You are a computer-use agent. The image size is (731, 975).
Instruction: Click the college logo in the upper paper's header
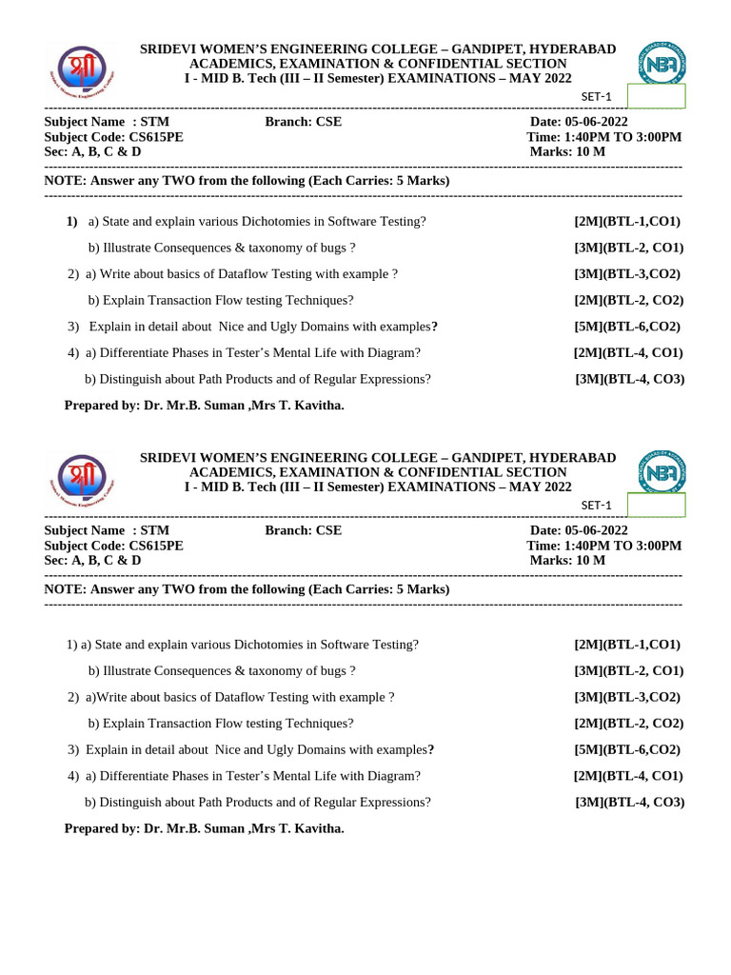coord(81,74)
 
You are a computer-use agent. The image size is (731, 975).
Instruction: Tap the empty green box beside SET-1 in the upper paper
coord(656,96)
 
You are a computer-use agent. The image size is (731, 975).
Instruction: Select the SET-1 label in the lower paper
coord(597,506)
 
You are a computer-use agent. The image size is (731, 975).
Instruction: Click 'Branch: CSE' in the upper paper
coord(303,122)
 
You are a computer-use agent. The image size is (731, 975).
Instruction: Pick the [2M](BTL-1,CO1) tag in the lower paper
coord(626,645)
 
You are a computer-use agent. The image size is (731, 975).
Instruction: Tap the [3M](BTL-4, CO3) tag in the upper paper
coord(629,379)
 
